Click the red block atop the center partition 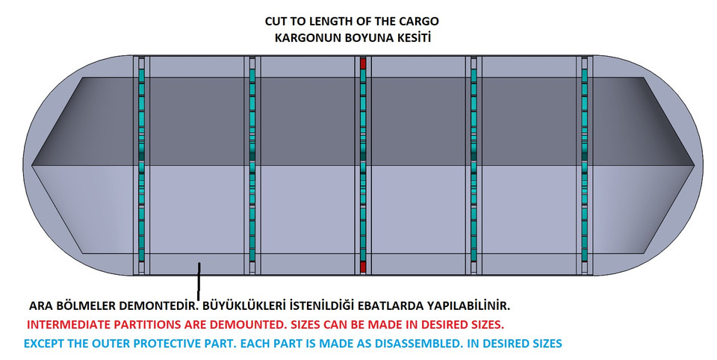click(363, 63)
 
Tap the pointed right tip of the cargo click(695, 164)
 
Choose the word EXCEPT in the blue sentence click(44, 344)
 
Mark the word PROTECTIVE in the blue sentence click(173, 344)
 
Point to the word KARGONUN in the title click(302, 37)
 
